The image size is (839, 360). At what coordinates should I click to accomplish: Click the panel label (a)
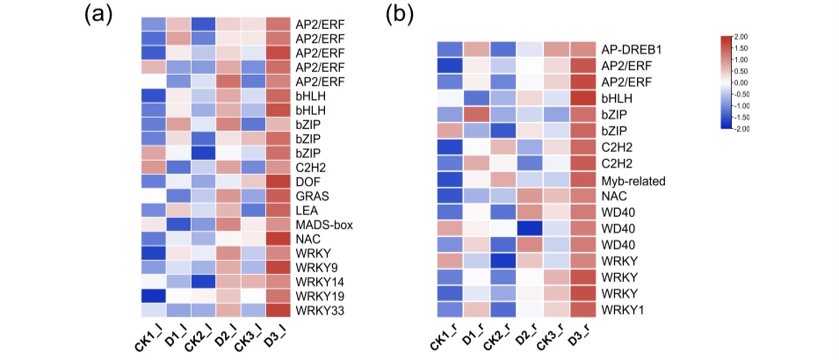[98, 15]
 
